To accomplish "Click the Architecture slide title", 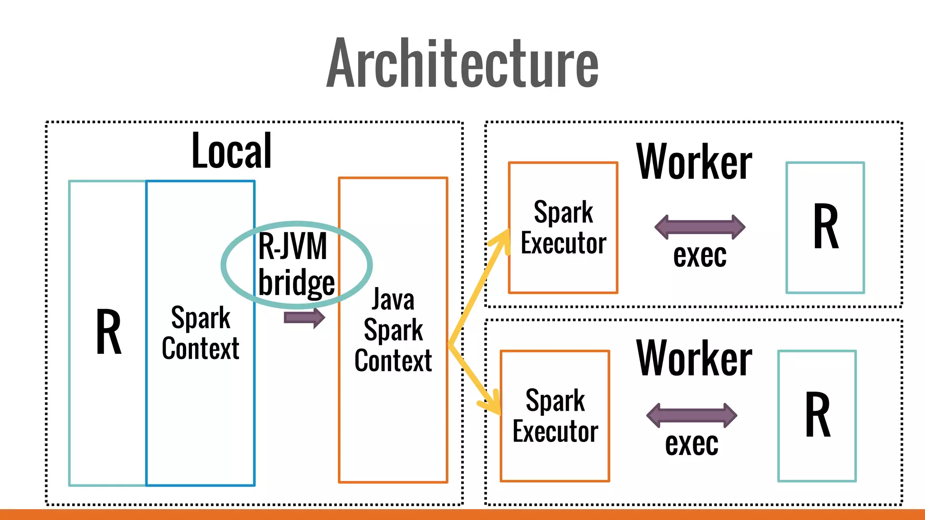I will point(462,63).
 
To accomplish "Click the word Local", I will point(231,151).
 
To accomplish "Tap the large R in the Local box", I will point(109,332).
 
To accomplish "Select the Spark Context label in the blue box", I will point(201,333).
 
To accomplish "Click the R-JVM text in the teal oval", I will point(292,246).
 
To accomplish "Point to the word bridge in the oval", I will point(296,283).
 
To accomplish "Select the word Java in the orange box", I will point(393,300).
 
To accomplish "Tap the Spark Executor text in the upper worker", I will point(563,227).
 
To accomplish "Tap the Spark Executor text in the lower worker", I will point(555,416).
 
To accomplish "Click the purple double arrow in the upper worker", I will point(700,227).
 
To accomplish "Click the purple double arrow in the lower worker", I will point(691,415).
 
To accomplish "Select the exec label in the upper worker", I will point(700,256).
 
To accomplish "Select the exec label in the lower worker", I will point(691,444).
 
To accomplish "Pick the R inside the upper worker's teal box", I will point(826,227).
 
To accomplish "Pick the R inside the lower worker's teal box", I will point(818,415).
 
